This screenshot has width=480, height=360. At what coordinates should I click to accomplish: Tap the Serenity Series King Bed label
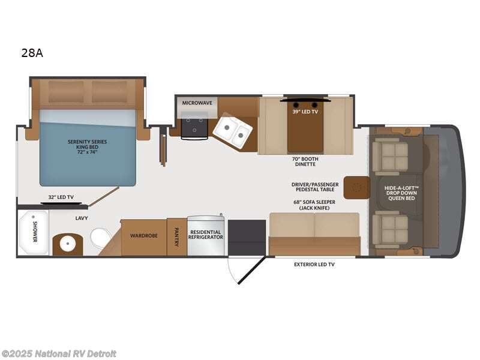(87, 146)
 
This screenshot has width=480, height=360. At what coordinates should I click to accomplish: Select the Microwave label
(197, 103)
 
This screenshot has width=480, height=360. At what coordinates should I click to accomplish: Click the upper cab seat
(389, 153)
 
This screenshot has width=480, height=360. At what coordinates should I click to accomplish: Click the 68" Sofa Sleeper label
(314, 205)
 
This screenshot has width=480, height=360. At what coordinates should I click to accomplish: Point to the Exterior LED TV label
(314, 264)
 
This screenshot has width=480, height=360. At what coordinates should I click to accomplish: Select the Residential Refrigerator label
(206, 235)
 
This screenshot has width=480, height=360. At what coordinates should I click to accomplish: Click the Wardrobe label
(144, 236)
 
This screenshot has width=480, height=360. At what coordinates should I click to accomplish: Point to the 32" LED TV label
(61, 197)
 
